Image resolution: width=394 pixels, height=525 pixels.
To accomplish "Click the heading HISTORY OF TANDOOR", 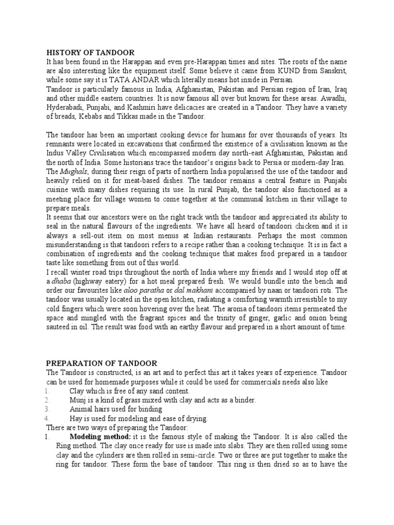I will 90,52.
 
